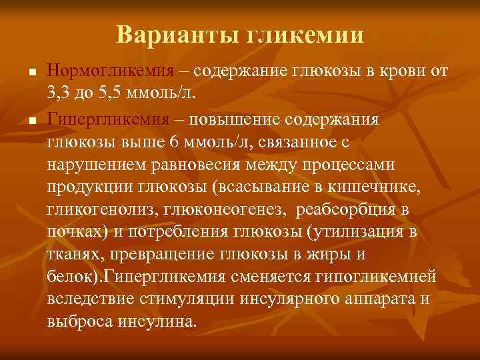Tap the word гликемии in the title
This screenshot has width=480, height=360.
(x=307, y=35)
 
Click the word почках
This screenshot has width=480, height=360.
(x=72, y=233)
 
